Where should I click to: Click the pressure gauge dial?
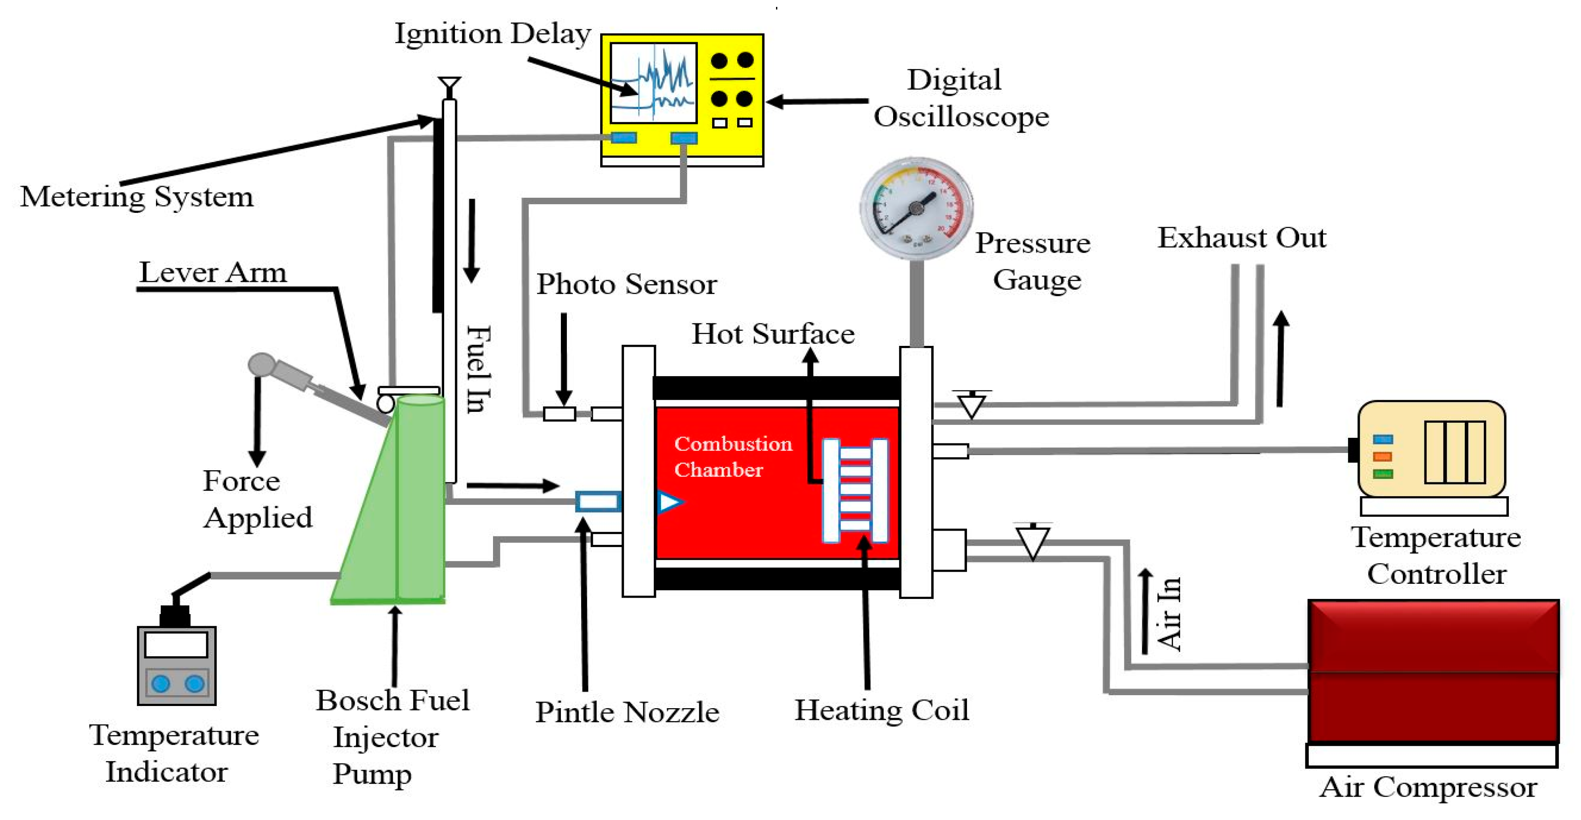coord(916,209)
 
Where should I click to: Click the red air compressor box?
coord(1433,671)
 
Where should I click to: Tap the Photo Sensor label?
coord(626,284)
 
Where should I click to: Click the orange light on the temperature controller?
coord(1382,456)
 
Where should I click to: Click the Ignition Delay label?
coord(492,33)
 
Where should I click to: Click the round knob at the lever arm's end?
coord(261,364)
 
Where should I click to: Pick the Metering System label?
coord(136,197)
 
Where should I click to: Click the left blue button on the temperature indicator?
coord(161,683)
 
